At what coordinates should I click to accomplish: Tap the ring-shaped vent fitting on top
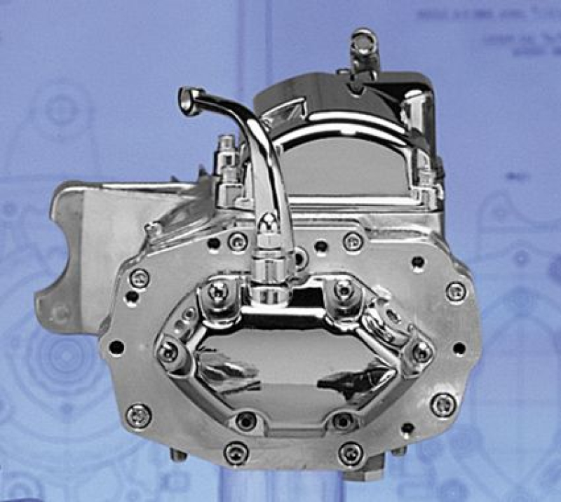364,39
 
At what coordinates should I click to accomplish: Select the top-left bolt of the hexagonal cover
220,288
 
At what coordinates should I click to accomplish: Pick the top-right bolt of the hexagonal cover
343,288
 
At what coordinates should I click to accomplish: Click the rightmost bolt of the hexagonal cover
421,351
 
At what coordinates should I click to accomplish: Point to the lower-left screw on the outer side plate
138,415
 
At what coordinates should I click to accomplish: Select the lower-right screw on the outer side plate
443,405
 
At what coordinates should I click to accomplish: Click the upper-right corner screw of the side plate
456,290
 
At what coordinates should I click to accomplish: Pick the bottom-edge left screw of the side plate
236,454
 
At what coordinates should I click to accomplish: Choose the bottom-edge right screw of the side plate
349,452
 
